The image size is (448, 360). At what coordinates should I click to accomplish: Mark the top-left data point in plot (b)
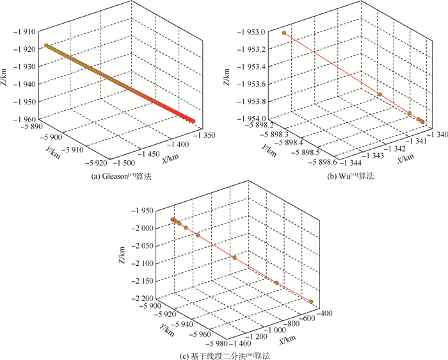click(x=284, y=33)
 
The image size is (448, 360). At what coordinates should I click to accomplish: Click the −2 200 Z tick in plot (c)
click(x=145, y=299)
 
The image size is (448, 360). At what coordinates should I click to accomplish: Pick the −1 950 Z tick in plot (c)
click(x=146, y=210)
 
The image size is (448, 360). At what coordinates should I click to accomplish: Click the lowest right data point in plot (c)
click(x=311, y=302)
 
